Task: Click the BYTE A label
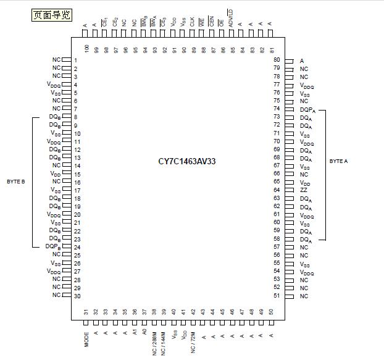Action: pyautogui.click(x=339, y=161)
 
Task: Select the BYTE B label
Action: pyautogui.click(x=15, y=182)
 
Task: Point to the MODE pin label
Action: pyautogui.click(x=86, y=340)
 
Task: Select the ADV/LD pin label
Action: pyautogui.click(x=231, y=17)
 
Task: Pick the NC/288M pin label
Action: pyautogui.click(x=154, y=342)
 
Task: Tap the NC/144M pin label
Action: pyautogui.click(x=164, y=342)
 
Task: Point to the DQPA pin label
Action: pyautogui.click(x=307, y=109)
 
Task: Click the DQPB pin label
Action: pyautogui.click(x=52, y=246)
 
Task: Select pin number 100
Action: pyautogui.click(x=86, y=48)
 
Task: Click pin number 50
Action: pyautogui.click(x=271, y=312)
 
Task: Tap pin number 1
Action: pyautogui.click(x=75, y=61)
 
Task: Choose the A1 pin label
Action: pyautogui.click(x=135, y=332)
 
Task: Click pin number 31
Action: pyautogui.click(x=86, y=312)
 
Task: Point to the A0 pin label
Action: pyautogui.click(x=144, y=332)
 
